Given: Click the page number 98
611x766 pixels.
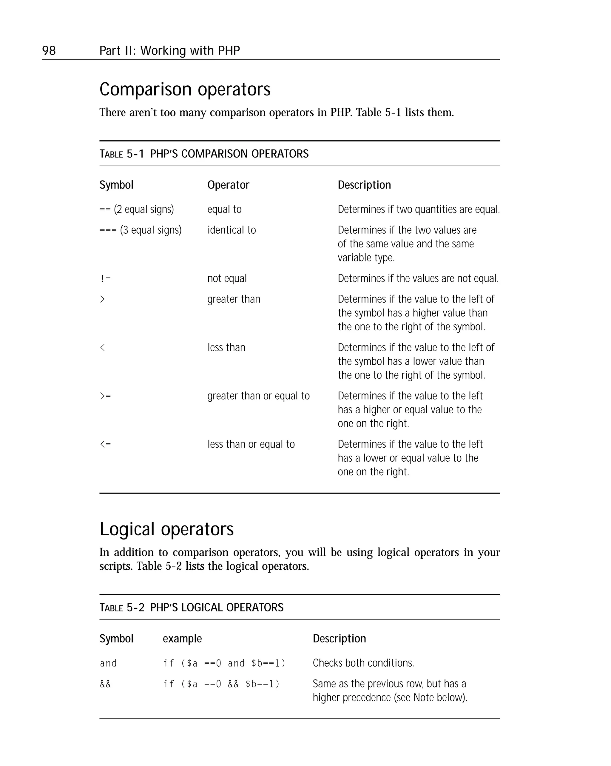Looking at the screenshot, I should tap(49, 51).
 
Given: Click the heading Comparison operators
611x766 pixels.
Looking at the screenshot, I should tap(185, 89).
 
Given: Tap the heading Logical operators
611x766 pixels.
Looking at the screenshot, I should tap(166, 529).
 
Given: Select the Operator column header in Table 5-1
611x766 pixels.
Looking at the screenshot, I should tap(228, 185).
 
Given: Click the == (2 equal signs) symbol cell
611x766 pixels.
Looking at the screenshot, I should tap(136, 209).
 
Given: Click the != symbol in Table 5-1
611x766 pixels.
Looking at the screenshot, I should tap(105, 278).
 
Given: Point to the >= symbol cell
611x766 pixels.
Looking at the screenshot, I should tap(105, 396).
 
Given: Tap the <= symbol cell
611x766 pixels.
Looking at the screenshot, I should tap(105, 444).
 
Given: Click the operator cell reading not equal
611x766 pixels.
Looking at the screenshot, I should tap(227, 278).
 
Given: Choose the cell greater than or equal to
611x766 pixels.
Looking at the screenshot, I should tap(258, 396).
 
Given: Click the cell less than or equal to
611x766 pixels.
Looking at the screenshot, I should tap(251, 444).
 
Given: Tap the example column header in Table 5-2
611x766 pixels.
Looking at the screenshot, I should tap(182, 639).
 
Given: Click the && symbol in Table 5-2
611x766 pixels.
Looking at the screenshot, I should tap(105, 684).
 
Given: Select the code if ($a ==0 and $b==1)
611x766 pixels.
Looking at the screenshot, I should tap(224, 663).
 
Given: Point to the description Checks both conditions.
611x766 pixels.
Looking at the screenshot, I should tap(363, 663).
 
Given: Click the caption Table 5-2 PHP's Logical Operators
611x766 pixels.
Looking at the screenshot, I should tap(191, 608).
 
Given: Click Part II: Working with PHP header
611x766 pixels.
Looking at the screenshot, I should tap(169, 51).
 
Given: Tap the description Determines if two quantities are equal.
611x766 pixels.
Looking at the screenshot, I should tap(419, 209).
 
